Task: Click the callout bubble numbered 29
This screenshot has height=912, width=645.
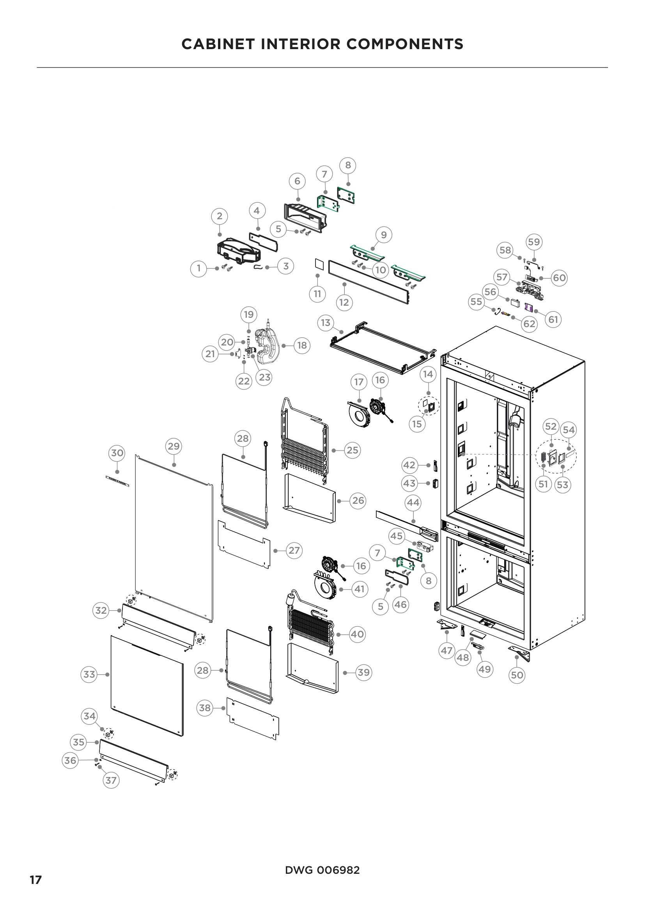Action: point(174,446)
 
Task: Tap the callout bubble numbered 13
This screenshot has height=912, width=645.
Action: point(326,322)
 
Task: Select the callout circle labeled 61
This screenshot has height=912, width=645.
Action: point(553,319)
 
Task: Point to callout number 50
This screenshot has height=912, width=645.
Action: point(517,675)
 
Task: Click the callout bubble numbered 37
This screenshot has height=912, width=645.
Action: point(111,781)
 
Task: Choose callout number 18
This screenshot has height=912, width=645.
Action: point(302,345)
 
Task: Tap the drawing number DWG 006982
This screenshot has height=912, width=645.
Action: point(322,870)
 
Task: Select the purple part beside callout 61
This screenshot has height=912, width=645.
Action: point(528,307)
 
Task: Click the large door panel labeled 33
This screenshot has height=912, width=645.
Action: point(147,685)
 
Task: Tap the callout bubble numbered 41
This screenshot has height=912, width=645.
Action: point(360,589)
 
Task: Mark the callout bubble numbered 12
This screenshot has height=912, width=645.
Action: point(344,302)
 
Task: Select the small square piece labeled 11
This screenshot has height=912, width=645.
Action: point(317,263)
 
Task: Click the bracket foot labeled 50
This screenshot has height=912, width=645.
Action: point(520,653)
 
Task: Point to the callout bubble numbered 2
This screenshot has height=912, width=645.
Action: point(220,216)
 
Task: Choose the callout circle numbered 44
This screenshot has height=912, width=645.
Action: point(413,503)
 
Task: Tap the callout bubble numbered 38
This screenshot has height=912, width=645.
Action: point(205,708)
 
